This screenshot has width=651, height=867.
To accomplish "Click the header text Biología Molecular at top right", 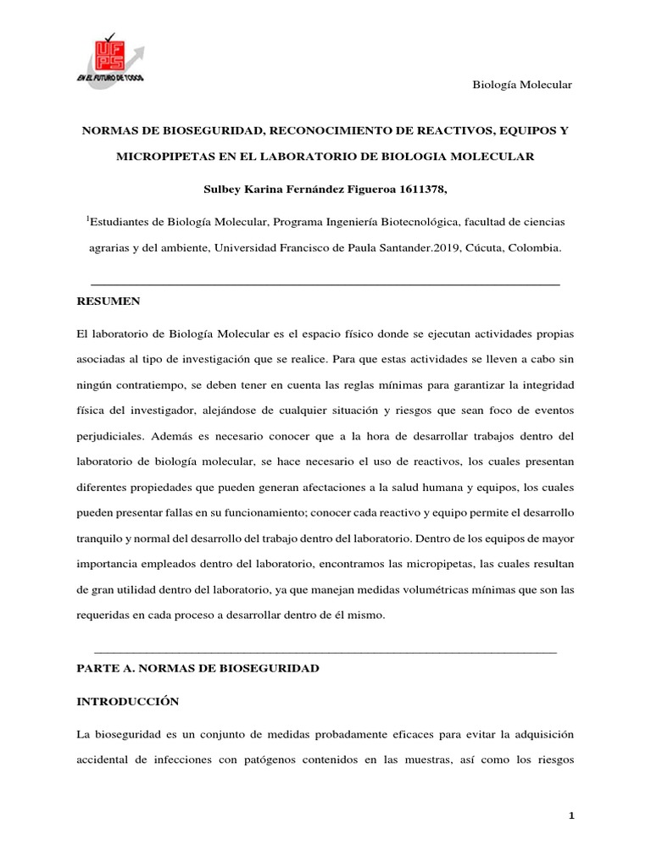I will (x=521, y=85).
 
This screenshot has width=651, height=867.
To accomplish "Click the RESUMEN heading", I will (x=108, y=301).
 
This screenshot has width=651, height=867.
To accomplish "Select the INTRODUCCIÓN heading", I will (x=128, y=702).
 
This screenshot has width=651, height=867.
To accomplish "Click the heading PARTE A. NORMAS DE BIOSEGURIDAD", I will (x=198, y=668).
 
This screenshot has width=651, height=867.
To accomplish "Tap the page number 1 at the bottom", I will (x=572, y=815).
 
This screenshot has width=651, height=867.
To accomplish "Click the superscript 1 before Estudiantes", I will (x=87, y=219).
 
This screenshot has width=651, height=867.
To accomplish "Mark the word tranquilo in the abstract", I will (x=100, y=538).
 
